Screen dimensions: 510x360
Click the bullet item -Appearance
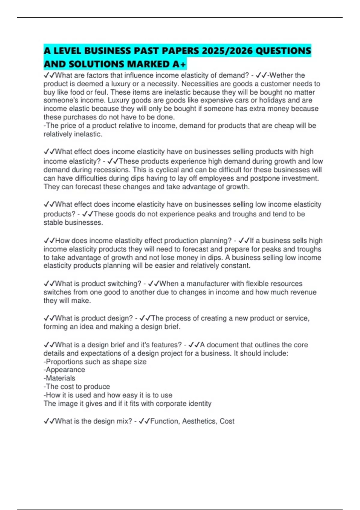pyautogui.click(x=64, y=370)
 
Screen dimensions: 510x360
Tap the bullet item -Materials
pyautogui.click(x=59, y=378)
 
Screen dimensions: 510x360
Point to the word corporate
pyautogui.click(x=171, y=403)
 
